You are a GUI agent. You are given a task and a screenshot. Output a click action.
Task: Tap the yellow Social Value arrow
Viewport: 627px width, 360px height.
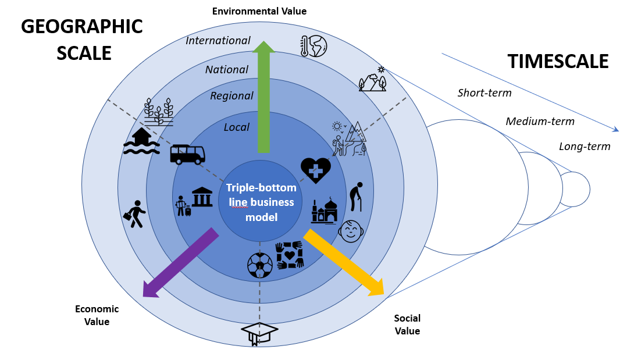pyautogui.click(x=344, y=262)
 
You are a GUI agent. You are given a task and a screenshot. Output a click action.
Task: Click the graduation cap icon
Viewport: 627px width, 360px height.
pyautogui.click(x=259, y=333)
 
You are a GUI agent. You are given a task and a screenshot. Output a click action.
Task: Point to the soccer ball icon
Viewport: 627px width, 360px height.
pyautogui.click(x=259, y=265)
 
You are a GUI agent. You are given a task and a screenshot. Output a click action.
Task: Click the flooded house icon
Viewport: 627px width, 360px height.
pyautogui.click(x=142, y=141)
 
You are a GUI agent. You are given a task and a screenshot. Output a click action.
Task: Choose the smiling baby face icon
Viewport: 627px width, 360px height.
pyautogui.click(x=351, y=231)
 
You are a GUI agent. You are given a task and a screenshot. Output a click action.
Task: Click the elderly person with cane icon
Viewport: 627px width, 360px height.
pyautogui.click(x=357, y=197)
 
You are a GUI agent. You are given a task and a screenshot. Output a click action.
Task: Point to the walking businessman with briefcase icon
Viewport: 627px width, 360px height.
pyautogui.click(x=136, y=214)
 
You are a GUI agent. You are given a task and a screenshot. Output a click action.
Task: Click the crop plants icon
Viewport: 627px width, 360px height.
pyautogui.click(x=158, y=112)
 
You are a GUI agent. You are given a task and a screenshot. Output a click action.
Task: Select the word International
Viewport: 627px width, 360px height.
pyautogui.click(x=218, y=41)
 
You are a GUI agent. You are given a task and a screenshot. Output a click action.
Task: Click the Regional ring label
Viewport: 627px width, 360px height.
pyautogui.click(x=231, y=96)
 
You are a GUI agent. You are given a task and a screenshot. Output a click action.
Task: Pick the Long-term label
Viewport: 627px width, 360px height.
pyautogui.click(x=585, y=147)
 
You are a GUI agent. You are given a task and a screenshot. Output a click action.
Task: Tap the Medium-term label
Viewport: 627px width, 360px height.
pyautogui.click(x=540, y=122)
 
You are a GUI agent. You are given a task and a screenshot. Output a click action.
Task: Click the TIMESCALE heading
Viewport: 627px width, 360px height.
pyautogui.click(x=558, y=61)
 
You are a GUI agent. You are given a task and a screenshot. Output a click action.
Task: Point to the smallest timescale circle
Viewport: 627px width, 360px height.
pyautogui.click(x=574, y=189)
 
